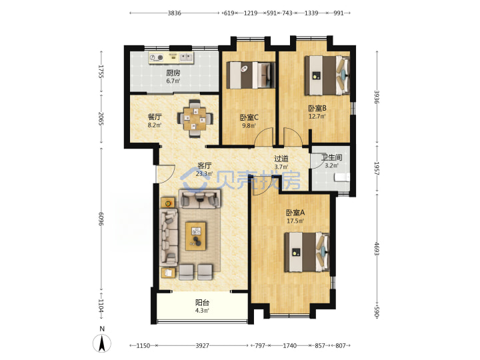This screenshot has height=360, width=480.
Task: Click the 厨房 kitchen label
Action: [173, 73]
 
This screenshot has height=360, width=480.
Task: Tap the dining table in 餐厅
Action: [195, 119]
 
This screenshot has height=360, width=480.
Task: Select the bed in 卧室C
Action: [251, 75]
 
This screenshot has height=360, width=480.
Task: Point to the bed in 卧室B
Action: [327, 75]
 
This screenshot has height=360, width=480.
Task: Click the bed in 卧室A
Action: [307, 252]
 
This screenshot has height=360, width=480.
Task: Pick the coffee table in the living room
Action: [195, 236]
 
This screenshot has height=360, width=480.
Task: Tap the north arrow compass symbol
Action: [102, 343]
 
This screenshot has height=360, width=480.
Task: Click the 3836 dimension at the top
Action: [174, 13]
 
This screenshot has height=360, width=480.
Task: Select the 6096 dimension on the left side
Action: [101, 219]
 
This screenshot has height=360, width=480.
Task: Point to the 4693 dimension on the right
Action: [377, 249]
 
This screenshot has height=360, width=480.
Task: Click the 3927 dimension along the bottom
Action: [203, 345]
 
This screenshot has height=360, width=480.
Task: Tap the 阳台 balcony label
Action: [203, 303]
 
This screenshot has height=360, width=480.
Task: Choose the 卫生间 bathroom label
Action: [331, 157]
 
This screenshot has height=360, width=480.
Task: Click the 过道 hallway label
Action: [281, 159]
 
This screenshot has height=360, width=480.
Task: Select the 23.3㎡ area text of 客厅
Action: [204, 174]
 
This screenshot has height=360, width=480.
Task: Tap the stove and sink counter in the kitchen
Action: [171, 57]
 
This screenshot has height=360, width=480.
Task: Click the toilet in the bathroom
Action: [342, 177]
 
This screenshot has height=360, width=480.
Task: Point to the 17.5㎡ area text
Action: [295, 221]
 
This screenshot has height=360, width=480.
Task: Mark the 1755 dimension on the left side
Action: [101, 71]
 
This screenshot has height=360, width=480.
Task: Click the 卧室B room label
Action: [317, 108]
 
